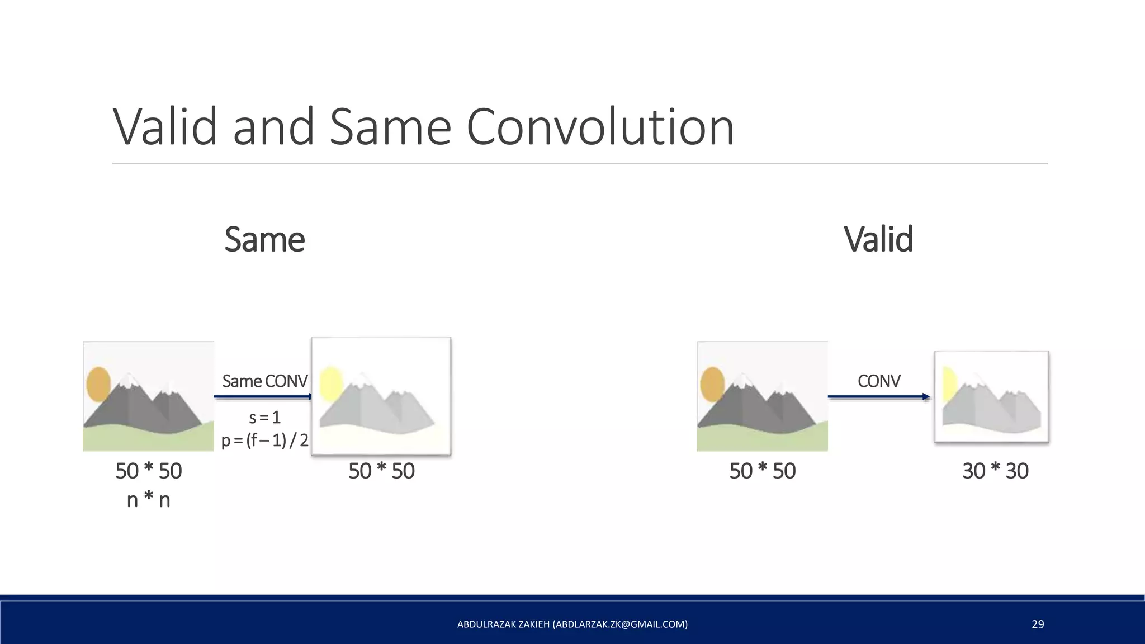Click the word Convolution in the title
[599, 127]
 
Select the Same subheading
[264, 239]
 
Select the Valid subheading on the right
[878, 239]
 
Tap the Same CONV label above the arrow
[264, 381]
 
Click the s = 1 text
[264, 417]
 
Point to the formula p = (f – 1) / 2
[264, 441]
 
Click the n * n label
[148, 499]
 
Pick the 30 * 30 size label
[995, 471]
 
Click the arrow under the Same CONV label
[263, 397]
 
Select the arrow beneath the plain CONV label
[878, 397]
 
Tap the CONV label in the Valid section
[878, 381]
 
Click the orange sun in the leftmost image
[98, 384]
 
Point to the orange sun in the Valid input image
[712, 384]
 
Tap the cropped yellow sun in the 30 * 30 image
[949, 385]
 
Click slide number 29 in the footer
[1038, 624]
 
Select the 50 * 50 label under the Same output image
[381, 471]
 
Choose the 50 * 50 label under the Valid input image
[762, 471]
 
